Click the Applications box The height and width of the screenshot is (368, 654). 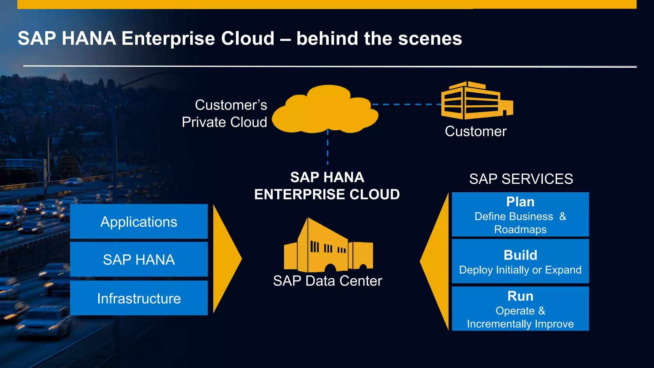pos(139,222)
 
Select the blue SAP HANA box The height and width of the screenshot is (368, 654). pos(139,259)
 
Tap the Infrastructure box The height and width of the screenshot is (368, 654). pos(139,298)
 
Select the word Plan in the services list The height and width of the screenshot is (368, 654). pos(520,202)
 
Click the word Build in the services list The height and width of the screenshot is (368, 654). pos(520,255)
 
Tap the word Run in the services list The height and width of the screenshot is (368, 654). pos(520,296)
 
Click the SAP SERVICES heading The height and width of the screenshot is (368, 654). pos(521,179)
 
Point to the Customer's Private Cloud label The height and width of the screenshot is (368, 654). pos(224,113)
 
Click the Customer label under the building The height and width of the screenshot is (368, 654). pos(475,131)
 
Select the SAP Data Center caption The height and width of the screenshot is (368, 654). pos(327,281)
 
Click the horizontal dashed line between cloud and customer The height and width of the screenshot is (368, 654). pos(406,104)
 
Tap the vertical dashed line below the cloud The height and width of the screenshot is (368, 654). pos(328,148)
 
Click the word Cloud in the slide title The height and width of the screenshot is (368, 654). pos(247,38)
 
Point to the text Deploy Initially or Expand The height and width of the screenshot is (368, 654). pos(520,270)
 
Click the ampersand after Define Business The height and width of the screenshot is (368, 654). pos(563,216)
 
